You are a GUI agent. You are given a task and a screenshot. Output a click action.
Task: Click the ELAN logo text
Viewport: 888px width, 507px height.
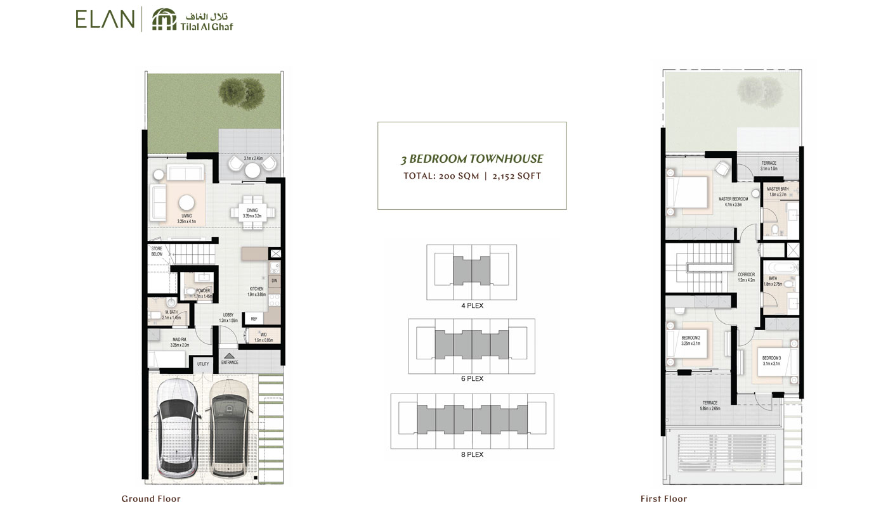[x=105, y=19]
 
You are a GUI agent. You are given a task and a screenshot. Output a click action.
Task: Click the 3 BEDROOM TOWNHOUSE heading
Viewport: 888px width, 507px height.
[x=472, y=159]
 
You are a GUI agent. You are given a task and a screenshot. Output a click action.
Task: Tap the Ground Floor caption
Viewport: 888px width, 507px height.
[x=151, y=499]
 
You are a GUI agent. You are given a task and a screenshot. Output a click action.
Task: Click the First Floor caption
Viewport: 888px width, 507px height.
[x=663, y=499]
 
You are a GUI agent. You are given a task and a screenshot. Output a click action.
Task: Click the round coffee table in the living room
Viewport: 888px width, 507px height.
[x=186, y=202]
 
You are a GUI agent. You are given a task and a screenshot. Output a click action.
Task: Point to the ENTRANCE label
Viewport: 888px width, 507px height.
[x=230, y=363]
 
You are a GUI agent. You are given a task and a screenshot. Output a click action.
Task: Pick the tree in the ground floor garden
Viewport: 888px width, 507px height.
[x=241, y=91]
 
